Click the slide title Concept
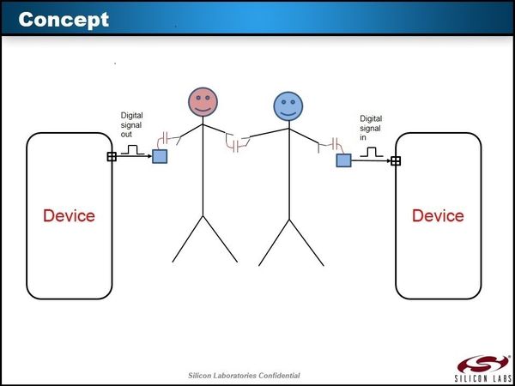[x=64, y=19]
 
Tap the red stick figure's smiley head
[x=203, y=103]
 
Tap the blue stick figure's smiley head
[x=288, y=106]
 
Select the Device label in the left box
[x=70, y=215]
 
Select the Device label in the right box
[x=438, y=215]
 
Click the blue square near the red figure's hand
[x=160, y=156]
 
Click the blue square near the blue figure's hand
[x=343, y=160]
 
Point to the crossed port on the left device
[x=111, y=156]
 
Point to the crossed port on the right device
[x=395, y=160]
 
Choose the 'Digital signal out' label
[x=134, y=124]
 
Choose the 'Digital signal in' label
[x=371, y=128]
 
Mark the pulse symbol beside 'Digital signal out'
[x=134, y=150]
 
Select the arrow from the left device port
[x=133, y=156]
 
